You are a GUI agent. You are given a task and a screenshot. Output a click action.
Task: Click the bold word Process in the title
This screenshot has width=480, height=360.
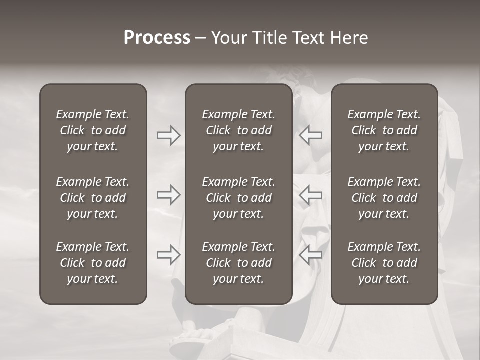click(157, 38)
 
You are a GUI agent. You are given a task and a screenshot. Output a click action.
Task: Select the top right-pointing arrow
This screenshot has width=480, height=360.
click(168, 135)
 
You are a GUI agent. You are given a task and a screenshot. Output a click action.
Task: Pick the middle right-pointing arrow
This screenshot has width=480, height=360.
click(168, 195)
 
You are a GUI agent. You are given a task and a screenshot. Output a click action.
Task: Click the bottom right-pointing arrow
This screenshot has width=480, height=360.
click(168, 255)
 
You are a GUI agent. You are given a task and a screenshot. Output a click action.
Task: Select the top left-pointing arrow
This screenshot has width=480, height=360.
click(311, 135)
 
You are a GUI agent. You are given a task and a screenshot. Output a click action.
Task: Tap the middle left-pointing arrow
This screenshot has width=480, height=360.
click(311, 195)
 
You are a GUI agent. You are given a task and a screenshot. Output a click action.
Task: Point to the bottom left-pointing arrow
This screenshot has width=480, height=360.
click(311, 255)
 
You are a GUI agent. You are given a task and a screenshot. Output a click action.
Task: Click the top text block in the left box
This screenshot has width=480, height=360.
click(93, 130)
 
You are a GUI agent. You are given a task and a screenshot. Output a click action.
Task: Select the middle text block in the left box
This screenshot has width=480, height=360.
click(93, 198)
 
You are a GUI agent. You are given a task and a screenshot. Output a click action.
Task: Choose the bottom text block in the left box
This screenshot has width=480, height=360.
click(93, 263)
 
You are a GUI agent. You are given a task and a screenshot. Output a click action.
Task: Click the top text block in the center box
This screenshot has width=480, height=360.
click(238, 130)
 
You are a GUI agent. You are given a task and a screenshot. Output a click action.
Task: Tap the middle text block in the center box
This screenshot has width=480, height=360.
click(238, 198)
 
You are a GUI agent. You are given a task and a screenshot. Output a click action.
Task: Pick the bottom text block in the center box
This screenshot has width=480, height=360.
click(238, 263)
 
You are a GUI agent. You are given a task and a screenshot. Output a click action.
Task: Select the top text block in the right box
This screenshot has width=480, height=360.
click(384, 130)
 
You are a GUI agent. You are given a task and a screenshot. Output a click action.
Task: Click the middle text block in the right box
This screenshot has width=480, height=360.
click(384, 198)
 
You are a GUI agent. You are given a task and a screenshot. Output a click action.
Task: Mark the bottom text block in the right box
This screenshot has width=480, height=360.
click(384, 263)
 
